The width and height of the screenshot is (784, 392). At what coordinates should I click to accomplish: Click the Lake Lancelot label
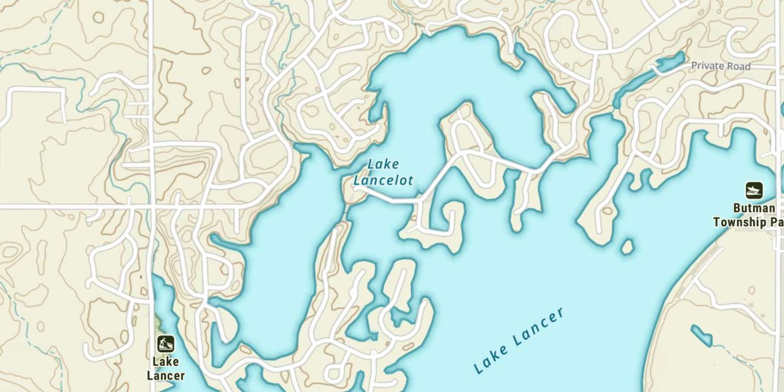(383, 172)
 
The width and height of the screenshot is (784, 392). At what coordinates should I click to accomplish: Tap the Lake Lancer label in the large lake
(519, 340)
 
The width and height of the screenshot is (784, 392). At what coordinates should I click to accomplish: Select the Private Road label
(720, 66)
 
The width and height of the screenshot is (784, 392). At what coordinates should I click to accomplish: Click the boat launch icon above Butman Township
(754, 190)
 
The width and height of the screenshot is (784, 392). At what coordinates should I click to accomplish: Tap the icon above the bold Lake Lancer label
(166, 343)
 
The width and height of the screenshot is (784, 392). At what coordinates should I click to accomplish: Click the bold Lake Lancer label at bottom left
(166, 368)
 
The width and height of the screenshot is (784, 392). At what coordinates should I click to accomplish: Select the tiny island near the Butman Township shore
(627, 247)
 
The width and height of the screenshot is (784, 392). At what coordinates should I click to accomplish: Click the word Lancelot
(383, 181)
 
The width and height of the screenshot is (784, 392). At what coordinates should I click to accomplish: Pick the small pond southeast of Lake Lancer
(701, 336)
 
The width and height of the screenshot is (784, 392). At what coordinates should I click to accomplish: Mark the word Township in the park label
(740, 222)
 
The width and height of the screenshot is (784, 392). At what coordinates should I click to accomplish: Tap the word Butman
(753, 209)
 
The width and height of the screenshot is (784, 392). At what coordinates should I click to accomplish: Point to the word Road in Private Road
(739, 66)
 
